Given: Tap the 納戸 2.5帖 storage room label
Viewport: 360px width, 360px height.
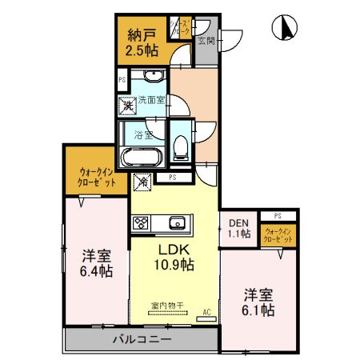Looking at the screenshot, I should pyautogui.click(x=141, y=41).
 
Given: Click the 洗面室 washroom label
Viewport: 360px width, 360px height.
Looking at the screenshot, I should pyautogui.click(x=150, y=100).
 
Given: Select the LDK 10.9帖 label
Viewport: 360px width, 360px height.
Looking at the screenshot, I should pyautogui.click(x=172, y=255).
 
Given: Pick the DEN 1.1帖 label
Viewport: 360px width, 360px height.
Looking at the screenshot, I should pyautogui.click(x=238, y=229).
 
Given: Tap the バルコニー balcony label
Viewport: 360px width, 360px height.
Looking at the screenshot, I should pyautogui.click(x=142, y=340).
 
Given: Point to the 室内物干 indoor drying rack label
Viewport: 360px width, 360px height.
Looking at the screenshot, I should pyautogui.click(x=167, y=305).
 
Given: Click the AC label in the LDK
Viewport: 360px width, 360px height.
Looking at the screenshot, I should pyautogui.click(x=206, y=311).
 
